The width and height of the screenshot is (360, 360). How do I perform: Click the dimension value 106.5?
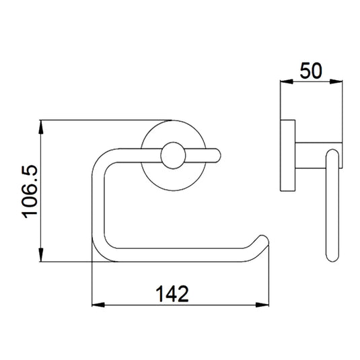pyautogui.click(x=30, y=192)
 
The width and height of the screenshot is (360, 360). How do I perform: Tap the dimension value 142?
pyautogui.click(x=172, y=294)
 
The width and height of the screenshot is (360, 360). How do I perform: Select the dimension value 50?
pyautogui.click(x=311, y=71)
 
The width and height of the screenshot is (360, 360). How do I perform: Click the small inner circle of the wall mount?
pyautogui.click(x=173, y=155)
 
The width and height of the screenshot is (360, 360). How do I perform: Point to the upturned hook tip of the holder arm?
pyautogui.click(x=263, y=240)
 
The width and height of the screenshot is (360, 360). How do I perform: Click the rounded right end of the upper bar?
pyautogui.click(x=217, y=155)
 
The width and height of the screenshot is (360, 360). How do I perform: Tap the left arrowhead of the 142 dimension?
pyautogui.click(x=98, y=305)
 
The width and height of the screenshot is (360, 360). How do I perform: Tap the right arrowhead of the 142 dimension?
pyautogui.click(x=262, y=305)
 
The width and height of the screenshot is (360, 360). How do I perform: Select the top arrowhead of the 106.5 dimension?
pyautogui.click(x=40, y=127)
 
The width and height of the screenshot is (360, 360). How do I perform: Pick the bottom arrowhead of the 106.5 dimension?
pyautogui.click(x=40, y=254)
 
